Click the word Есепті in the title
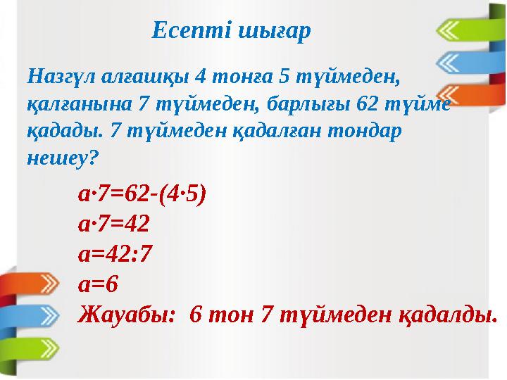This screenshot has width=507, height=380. [182, 31]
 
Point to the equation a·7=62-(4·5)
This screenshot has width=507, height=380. [142, 194]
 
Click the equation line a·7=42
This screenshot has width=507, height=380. [113, 224]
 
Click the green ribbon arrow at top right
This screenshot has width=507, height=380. [465, 30]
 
